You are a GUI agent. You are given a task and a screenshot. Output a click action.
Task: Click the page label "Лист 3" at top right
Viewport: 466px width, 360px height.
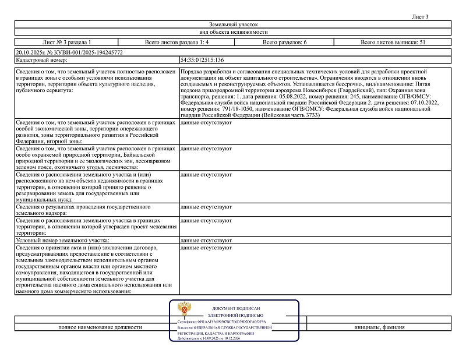[419, 17]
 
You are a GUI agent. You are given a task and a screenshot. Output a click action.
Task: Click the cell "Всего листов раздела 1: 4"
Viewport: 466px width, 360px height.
[175, 43]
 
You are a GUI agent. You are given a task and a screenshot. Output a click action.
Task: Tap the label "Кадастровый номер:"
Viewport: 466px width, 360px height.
[40, 59]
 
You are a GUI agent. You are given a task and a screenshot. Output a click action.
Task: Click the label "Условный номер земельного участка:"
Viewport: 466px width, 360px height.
[63, 240]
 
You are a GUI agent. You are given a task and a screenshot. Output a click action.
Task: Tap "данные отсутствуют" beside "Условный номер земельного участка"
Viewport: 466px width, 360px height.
[207, 240]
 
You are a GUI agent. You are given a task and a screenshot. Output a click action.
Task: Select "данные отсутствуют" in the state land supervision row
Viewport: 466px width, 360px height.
[207, 207]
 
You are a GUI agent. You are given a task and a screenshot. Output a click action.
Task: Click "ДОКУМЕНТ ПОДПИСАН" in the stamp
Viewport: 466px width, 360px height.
[236, 308]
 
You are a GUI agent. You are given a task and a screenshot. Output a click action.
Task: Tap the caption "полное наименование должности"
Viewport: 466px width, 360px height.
[100, 327]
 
